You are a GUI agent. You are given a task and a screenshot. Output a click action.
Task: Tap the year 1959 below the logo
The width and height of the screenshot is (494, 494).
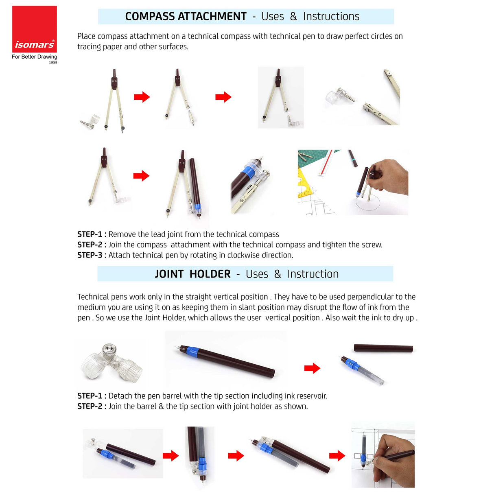[x=53, y=63]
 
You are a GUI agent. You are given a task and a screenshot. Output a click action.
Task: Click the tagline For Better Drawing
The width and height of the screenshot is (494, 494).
[x=35, y=57]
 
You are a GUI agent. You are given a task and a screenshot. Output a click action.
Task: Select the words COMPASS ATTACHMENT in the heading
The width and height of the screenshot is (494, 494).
[x=186, y=17]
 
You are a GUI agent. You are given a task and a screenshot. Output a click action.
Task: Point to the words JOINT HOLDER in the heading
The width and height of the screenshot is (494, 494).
[x=192, y=274]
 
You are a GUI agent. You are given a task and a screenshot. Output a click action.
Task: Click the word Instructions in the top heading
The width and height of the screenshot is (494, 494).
[x=331, y=17]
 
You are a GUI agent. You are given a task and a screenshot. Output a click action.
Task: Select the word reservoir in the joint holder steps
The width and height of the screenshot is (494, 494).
[x=310, y=396]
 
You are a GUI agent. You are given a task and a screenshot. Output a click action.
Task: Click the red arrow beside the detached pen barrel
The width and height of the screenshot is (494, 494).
[x=312, y=368]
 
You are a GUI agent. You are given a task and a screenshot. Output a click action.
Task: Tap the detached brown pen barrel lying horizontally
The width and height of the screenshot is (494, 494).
[x=383, y=348]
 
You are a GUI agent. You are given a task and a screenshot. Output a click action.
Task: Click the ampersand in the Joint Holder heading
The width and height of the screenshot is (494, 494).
[x=278, y=274]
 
